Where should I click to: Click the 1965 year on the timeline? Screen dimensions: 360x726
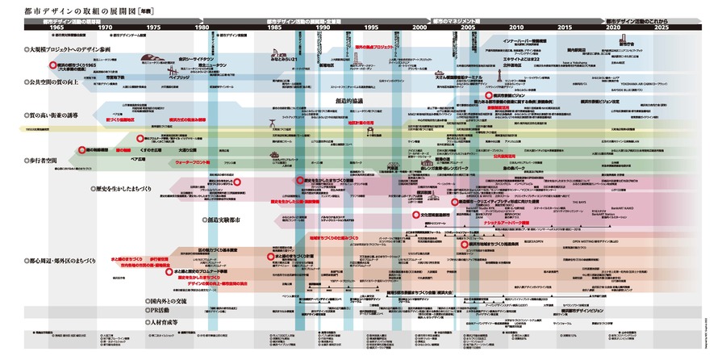(34, 27)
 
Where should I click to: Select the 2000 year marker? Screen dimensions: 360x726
(419, 27)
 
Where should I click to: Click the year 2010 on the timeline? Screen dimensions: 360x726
(515, 27)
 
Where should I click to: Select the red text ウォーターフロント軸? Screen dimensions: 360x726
(193, 163)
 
